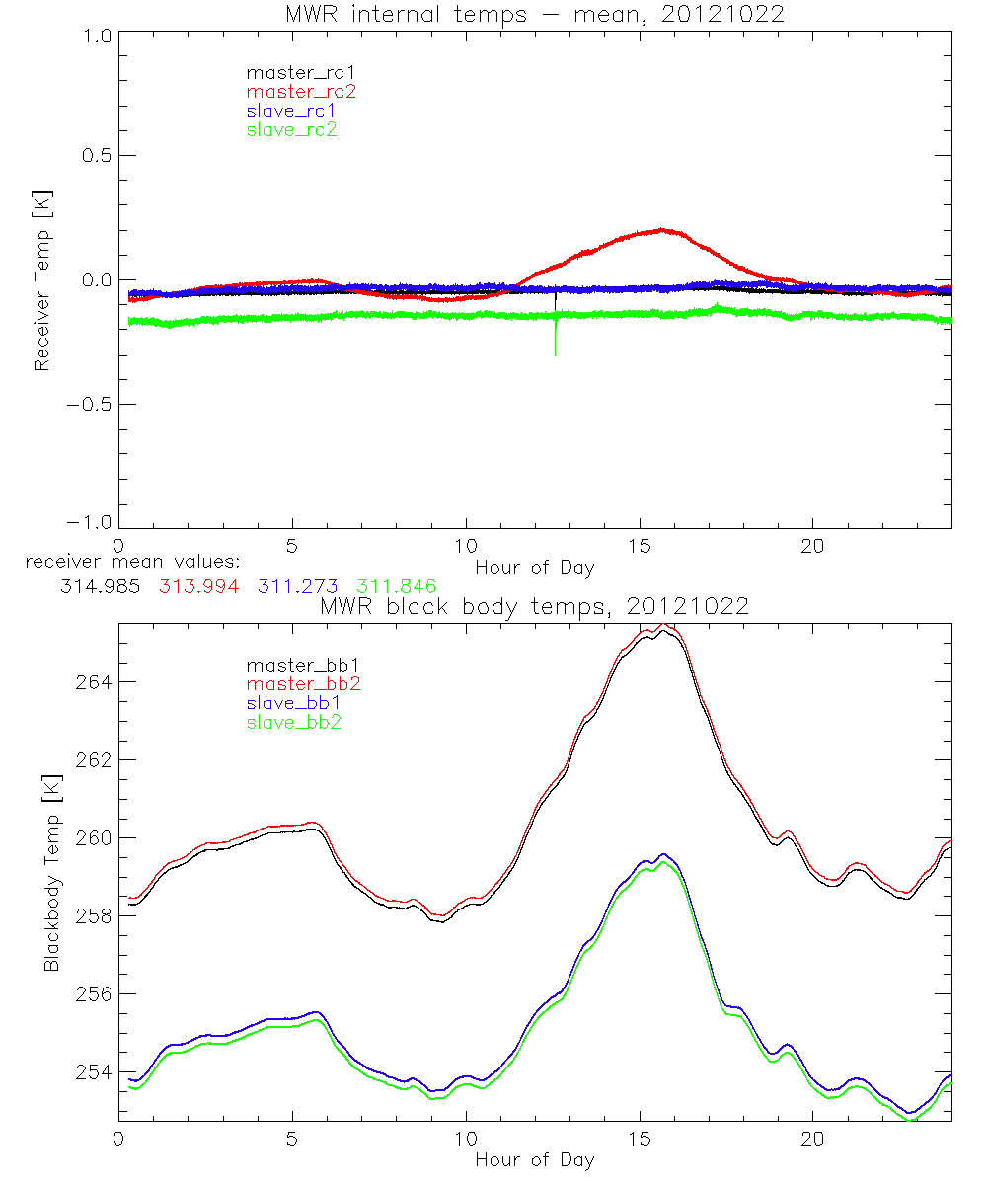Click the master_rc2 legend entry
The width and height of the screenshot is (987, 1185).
pyautogui.click(x=301, y=91)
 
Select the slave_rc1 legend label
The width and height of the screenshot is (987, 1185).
pyautogui.click(x=294, y=110)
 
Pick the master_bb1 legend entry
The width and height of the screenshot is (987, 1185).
pyautogui.click(x=301, y=665)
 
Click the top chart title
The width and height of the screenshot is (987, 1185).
pyautogui.click(x=535, y=14)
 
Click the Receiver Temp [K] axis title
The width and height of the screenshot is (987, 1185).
pyautogui.click(x=41, y=278)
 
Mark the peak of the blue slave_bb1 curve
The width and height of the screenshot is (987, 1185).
pyautogui.click(x=663, y=854)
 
